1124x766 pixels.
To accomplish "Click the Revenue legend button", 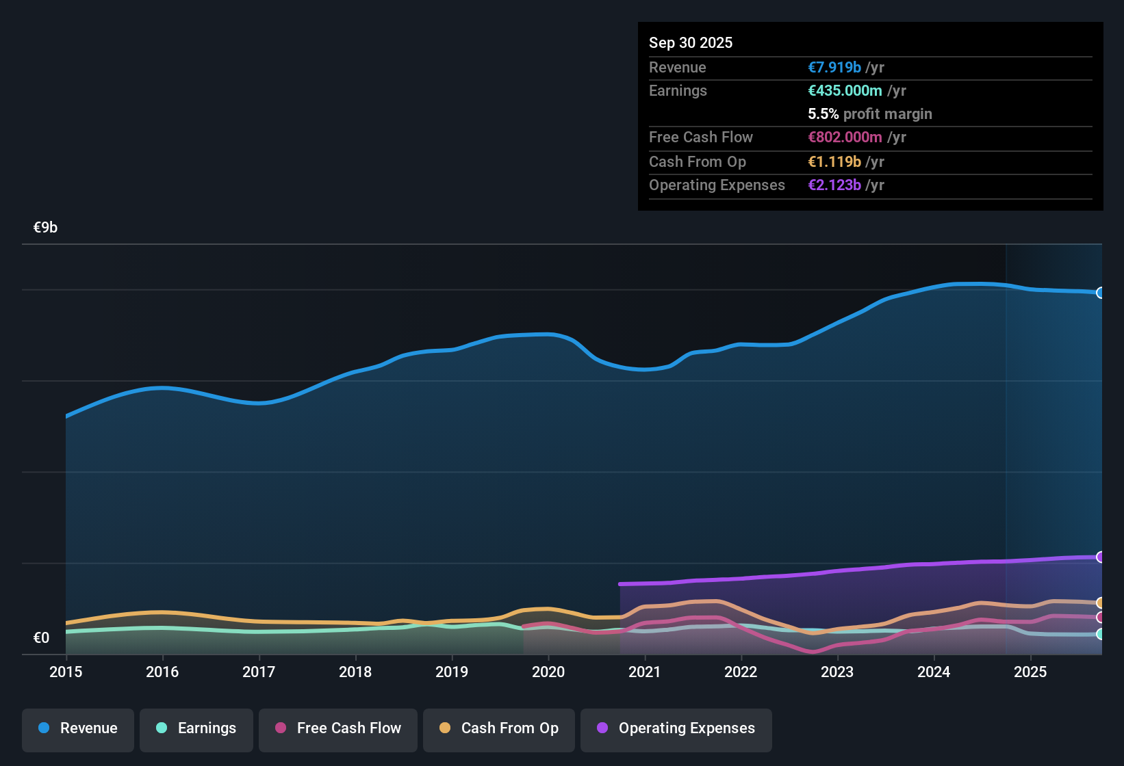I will (x=78, y=728).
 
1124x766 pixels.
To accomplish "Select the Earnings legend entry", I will (x=196, y=728).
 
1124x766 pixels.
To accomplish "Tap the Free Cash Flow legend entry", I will (x=338, y=728).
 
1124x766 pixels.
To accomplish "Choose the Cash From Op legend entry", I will (x=499, y=728).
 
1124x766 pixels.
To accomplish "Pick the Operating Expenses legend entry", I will (x=676, y=728).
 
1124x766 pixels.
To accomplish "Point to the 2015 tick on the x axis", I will (x=66, y=672).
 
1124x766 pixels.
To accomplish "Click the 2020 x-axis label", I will (x=548, y=672).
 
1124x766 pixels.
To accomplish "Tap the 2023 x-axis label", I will (x=837, y=672).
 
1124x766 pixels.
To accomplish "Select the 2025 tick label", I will (x=1030, y=672).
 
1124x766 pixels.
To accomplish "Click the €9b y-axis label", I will (x=45, y=228).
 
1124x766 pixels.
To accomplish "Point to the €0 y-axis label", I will (x=41, y=638).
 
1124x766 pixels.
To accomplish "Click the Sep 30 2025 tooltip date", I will (x=691, y=42).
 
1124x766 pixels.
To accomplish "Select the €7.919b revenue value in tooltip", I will (x=834, y=67).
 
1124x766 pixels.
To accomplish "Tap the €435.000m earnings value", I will (x=845, y=90).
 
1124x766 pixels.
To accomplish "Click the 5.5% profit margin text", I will (x=870, y=114).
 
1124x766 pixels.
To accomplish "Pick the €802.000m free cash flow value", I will (x=845, y=137).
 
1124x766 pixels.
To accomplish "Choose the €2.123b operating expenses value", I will (x=834, y=185).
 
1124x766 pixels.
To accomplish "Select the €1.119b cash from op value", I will (x=834, y=161).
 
